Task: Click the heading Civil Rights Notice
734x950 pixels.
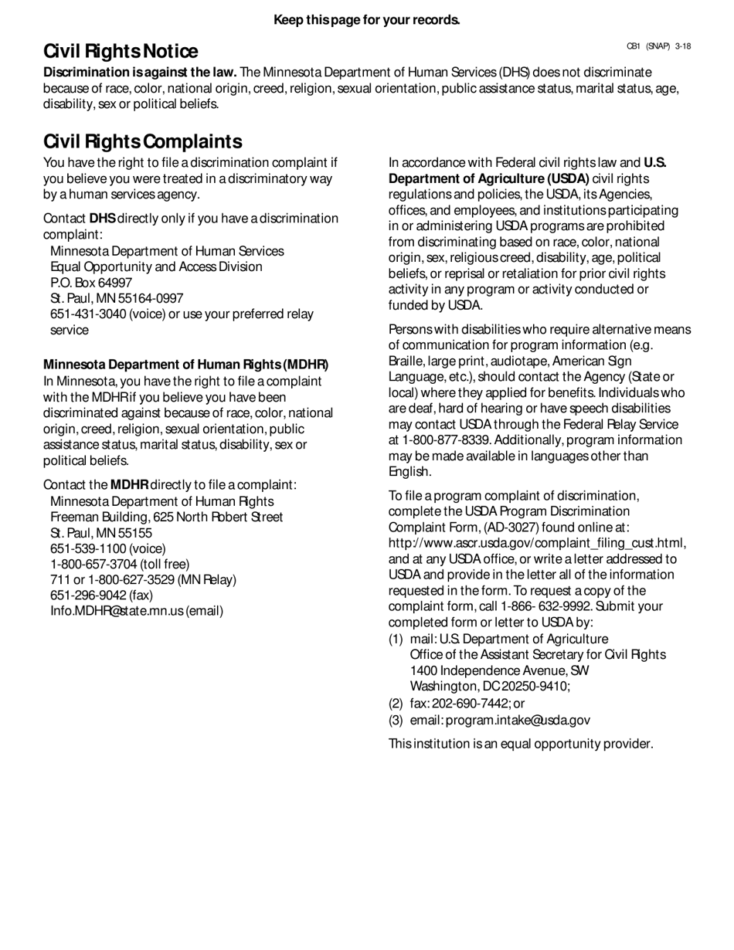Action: coord(121,52)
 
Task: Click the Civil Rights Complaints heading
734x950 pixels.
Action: coord(143,141)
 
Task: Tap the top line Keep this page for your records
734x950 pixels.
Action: coord(367,19)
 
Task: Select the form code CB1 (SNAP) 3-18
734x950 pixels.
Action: coord(658,46)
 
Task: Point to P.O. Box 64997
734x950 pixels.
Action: coord(91,283)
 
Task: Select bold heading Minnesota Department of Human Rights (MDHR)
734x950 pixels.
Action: coord(185,365)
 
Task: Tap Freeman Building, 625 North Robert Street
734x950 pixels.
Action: coord(166,517)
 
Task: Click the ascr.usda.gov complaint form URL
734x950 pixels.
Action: coord(536,543)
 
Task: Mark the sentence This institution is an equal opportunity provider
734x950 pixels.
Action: coord(521,744)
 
